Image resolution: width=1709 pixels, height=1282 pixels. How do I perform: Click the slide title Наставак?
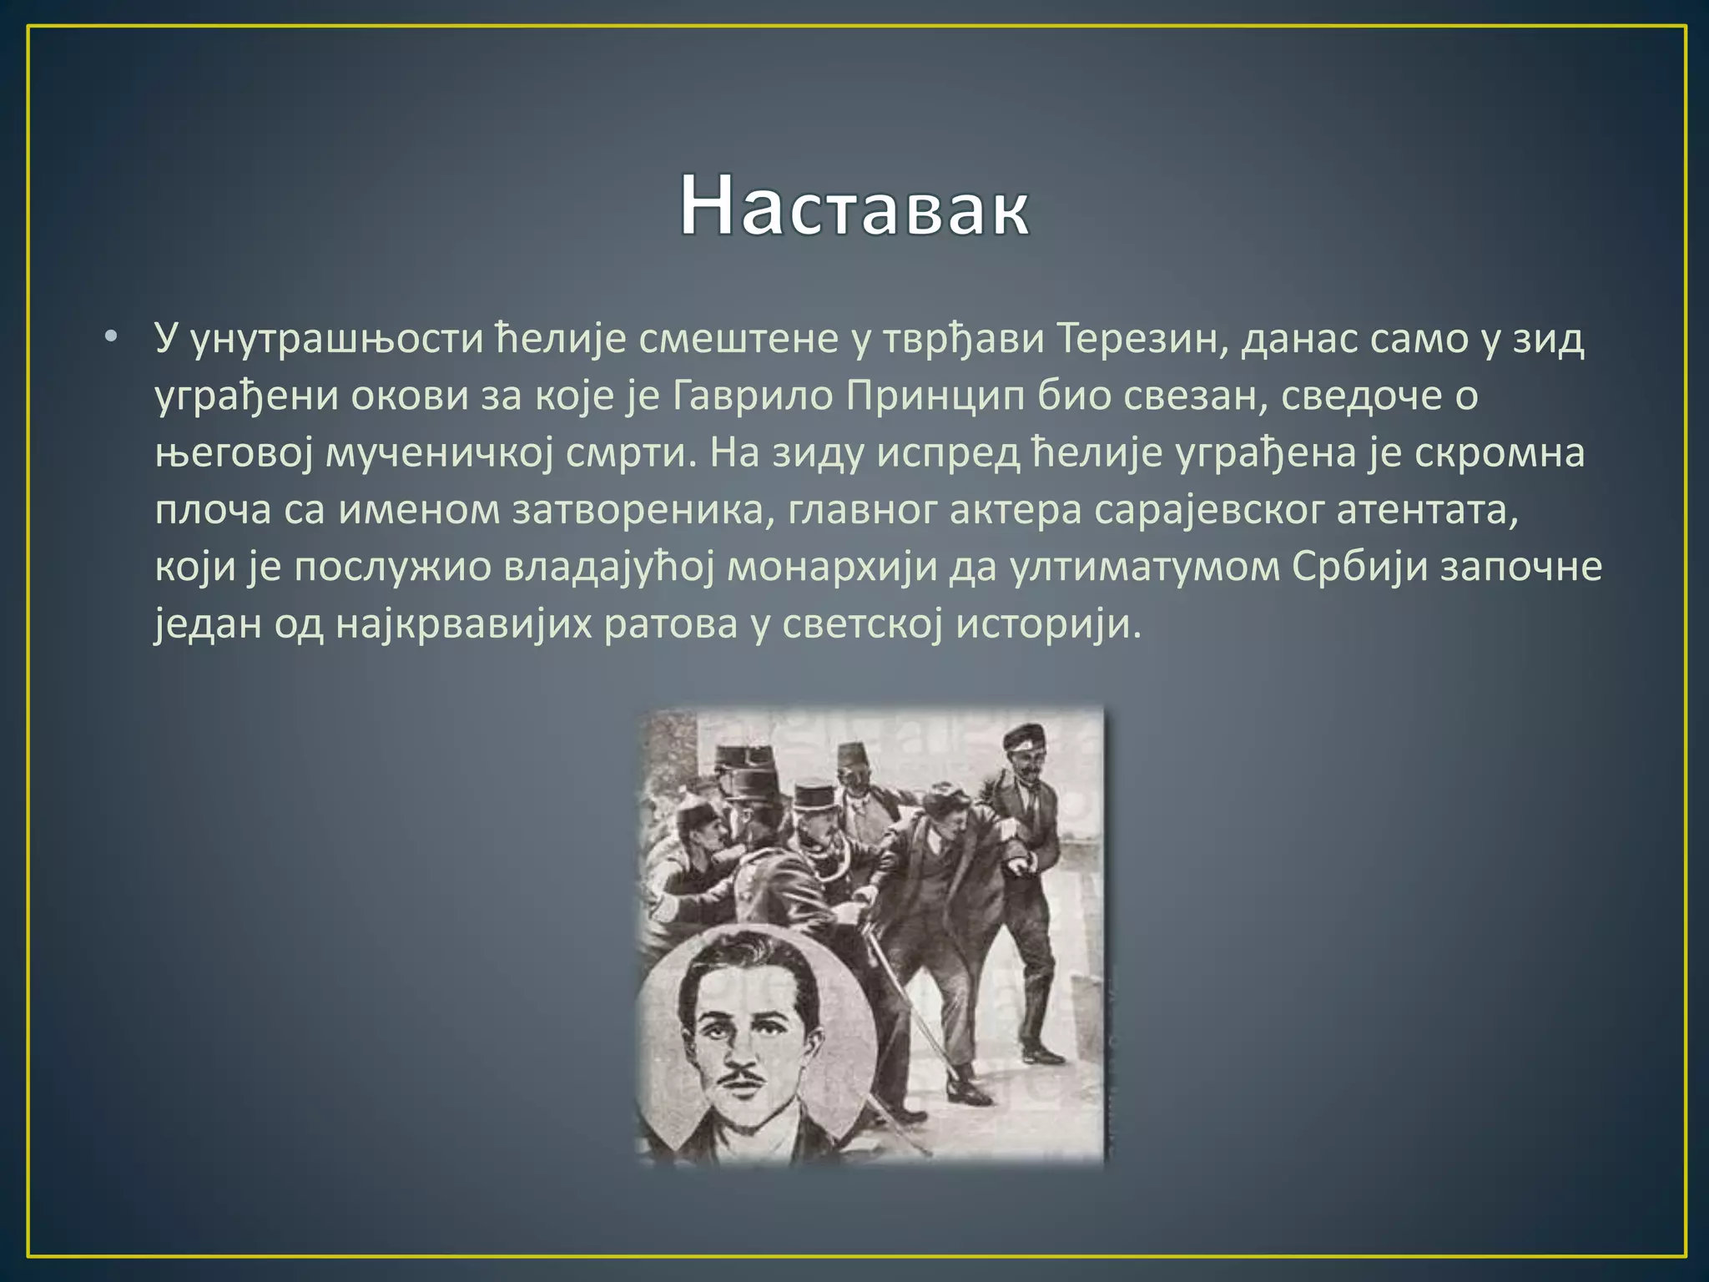(854, 206)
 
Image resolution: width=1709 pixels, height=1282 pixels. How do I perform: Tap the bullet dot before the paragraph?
(111, 337)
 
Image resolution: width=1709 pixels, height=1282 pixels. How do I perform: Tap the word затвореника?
(637, 509)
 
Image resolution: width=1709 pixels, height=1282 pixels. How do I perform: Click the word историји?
(1047, 623)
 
